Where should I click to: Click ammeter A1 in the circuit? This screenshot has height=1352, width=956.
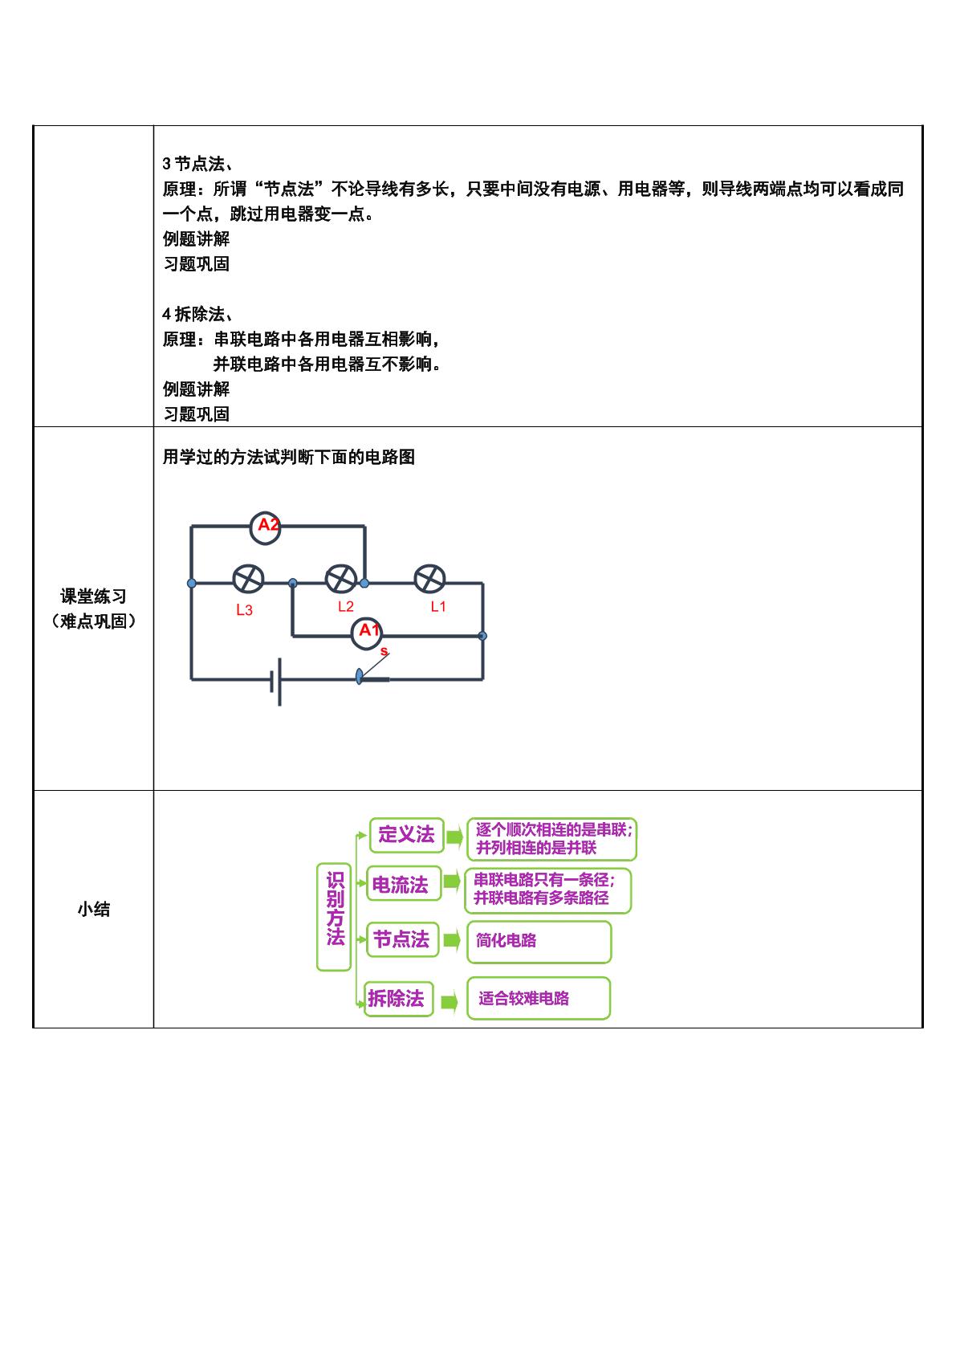tap(366, 633)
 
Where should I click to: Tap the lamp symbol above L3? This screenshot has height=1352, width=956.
tap(248, 580)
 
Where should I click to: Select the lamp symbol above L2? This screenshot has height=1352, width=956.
tap(341, 580)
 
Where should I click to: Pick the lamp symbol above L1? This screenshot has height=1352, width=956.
tap(429, 580)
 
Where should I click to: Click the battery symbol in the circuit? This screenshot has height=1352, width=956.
tap(276, 682)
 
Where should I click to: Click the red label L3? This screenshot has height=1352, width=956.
tap(245, 610)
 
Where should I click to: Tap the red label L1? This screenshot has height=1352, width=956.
tap(438, 607)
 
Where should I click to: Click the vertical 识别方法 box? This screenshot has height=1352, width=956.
tap(334, 917)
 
